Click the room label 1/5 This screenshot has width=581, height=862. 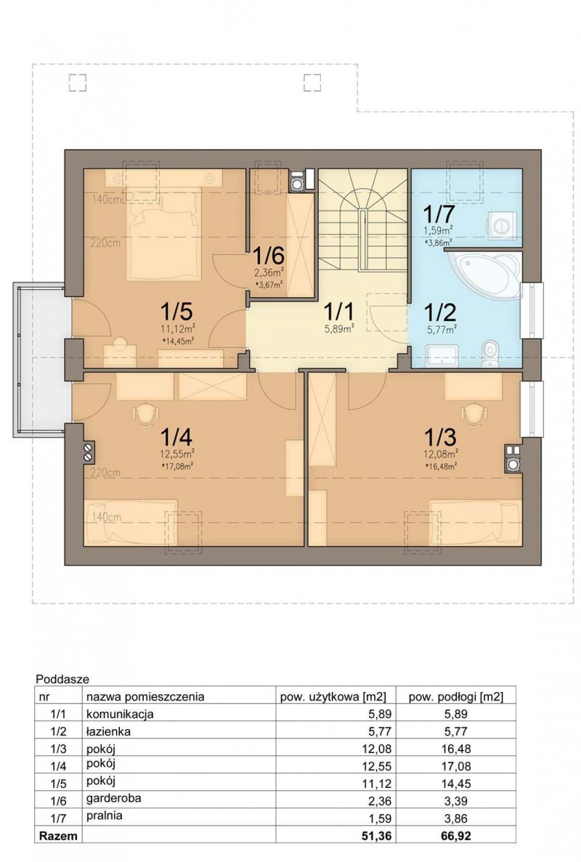[176, 312]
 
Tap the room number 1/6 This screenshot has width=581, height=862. [268, 256]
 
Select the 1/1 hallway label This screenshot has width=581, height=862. [338, 312]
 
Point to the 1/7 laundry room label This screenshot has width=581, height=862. [437, 214]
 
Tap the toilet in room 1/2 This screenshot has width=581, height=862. [489, 353]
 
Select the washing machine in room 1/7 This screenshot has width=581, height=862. [501, 226]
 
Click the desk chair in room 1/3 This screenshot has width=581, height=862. [474, 414]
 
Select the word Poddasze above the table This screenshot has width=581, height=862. [62, 679]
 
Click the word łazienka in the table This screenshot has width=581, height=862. [108, 731]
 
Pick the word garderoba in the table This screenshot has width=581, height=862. [113, 797]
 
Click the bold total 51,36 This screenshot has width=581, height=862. [375, 836]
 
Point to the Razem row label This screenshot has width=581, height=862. [57, 836]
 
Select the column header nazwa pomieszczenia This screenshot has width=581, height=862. [145, 696]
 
